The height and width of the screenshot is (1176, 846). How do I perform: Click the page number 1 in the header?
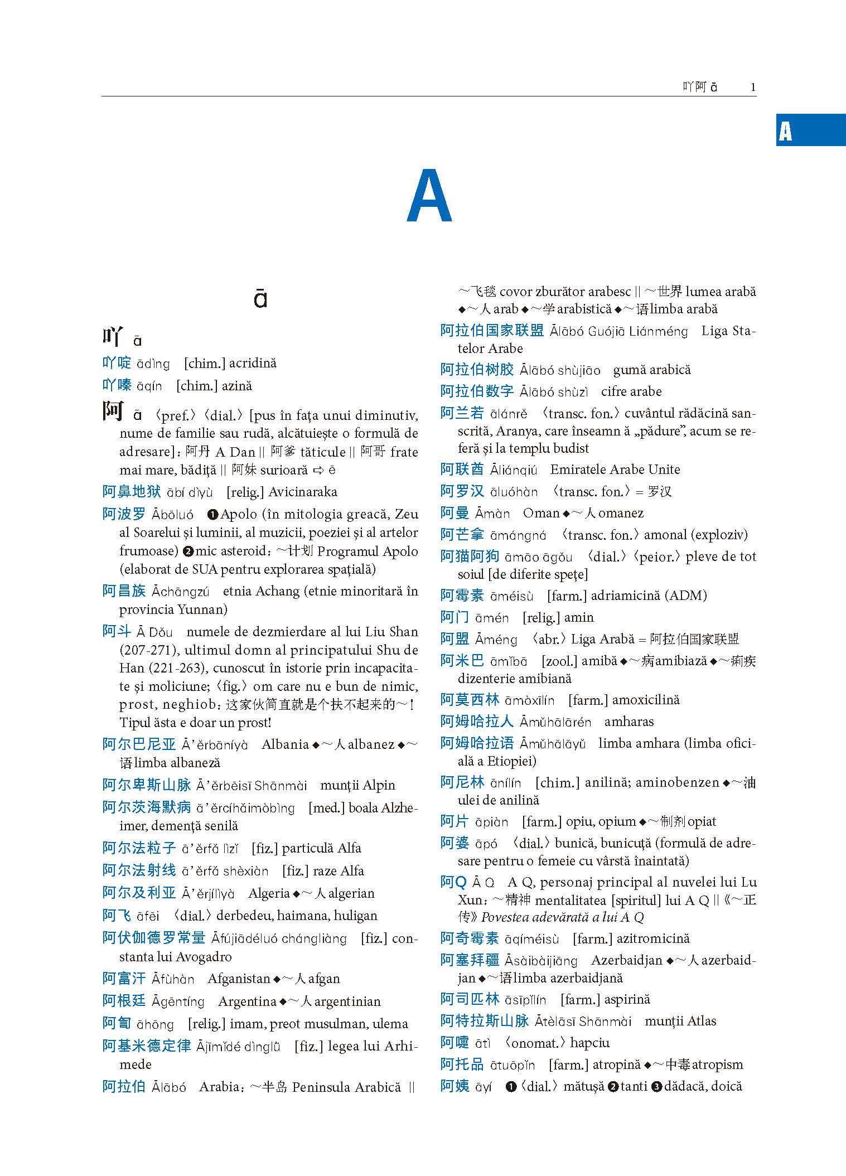pos(753,87)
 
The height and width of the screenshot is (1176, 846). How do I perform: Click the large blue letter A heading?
pos(429,196)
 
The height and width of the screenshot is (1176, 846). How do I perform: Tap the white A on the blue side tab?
pos(785,131)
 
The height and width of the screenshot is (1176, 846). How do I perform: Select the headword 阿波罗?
pos(124,514)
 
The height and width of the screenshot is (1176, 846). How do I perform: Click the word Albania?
pos(285,744)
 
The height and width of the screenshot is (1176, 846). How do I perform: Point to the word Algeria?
pos(269,893)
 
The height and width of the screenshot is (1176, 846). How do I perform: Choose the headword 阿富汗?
pos(124,979)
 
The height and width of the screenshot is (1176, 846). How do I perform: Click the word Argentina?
pos(247,1001)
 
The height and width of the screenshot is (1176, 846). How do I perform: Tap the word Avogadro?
pos(204,957)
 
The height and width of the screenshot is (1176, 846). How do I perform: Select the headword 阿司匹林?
pos(470,999)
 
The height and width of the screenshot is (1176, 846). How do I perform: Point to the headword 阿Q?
pos(453,882)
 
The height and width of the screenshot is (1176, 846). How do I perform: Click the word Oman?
pos(541,513)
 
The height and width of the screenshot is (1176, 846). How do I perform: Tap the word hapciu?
pos(589,1043)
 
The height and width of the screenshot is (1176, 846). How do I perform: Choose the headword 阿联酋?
pos(462,470)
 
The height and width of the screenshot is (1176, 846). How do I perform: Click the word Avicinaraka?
pos(302,492)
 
